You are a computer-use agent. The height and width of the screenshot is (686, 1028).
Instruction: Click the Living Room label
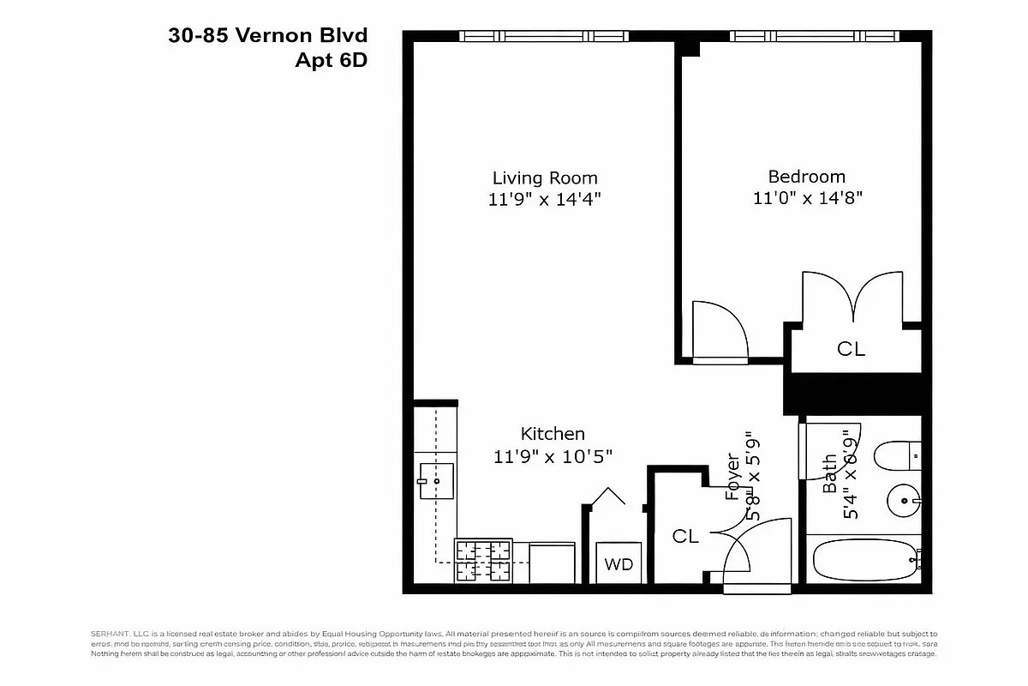(x=545, y=178)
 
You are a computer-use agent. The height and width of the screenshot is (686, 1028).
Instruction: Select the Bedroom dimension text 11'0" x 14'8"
(x=806, y=198)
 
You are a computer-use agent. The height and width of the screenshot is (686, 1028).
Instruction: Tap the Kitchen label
(x=553, y=434)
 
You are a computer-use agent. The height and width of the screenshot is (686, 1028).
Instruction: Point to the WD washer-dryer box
(x=619, y=564)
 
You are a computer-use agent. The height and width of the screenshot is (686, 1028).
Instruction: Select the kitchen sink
(x=436, y=482)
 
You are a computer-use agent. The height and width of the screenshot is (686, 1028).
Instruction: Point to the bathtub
(x=864, y=562)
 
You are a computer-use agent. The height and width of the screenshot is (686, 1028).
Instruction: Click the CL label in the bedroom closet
(x=851, y=350)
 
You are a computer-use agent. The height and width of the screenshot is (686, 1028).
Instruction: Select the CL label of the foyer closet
(x=685, y=537)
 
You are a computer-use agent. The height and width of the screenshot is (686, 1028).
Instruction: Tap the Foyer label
(x=733, y=477)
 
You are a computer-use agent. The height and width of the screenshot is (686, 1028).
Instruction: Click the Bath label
(x=829, y=474)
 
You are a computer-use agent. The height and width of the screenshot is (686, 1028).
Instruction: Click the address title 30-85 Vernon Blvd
(x=269, y=36)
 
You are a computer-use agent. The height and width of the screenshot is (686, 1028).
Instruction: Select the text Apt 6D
(x=331, y=60)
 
